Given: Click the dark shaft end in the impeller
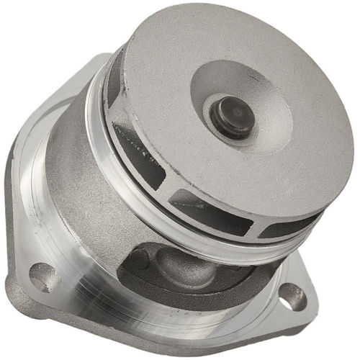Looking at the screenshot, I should click(x=235, y=115).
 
